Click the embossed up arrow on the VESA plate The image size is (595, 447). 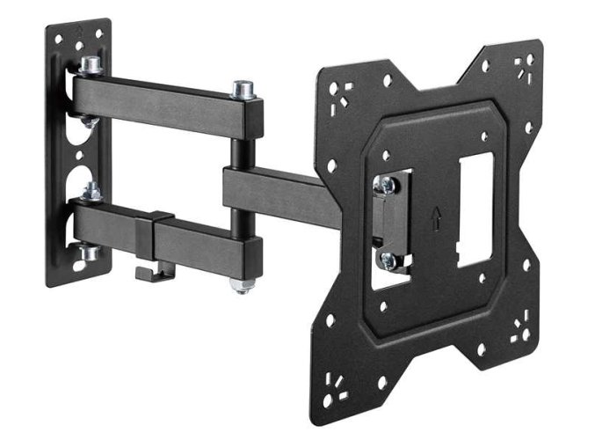[x=437, y=221]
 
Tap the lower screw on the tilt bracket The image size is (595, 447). [x=388, y=260]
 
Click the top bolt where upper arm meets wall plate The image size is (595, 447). [x=90, y=65]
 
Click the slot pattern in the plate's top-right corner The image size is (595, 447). [x=526, y=66]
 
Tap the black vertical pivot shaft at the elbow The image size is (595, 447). [x=238, y=150]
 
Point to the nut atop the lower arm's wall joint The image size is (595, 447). [x=90, y=188]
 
